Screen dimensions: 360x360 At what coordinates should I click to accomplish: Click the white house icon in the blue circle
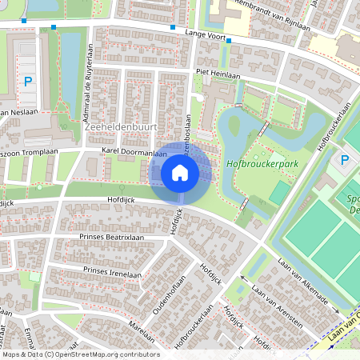tap(180, 173)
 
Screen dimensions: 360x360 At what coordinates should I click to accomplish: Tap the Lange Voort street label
tap(203, 33)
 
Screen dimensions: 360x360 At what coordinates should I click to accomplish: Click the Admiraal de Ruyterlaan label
tap(86, 97)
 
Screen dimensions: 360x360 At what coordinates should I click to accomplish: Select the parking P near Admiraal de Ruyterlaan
tap(28, 81)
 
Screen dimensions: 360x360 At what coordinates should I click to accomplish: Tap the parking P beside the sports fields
tap(345, 159)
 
